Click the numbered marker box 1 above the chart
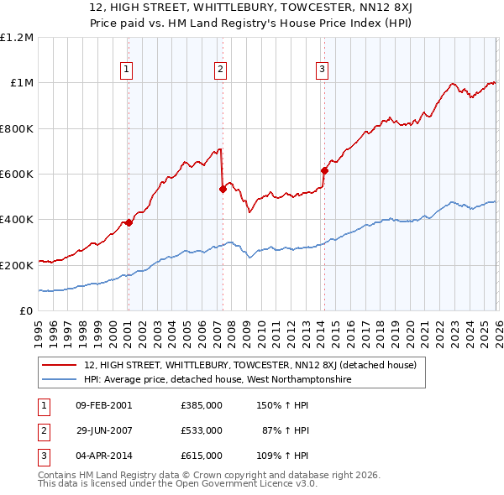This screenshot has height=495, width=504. point(127,70)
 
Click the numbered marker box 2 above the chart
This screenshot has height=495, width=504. point(220,70)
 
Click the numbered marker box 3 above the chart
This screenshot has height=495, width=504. point(322,70)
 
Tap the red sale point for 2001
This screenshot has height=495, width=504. point(129,222)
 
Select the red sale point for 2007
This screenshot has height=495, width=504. point(223,189)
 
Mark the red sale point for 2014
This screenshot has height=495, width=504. point(323,170)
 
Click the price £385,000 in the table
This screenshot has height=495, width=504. point(201,404)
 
